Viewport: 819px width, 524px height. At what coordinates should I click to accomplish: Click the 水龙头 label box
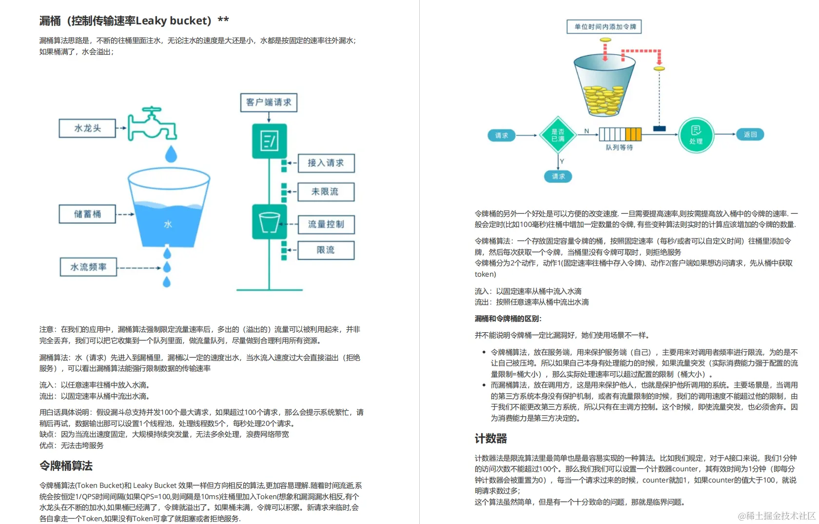[x=88, y=128]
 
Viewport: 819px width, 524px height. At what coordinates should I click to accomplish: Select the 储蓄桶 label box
[x=88, y=214]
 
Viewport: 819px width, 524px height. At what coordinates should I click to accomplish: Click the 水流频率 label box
[x=88, y=267]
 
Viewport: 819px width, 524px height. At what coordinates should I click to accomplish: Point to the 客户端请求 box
[x=269, y=102]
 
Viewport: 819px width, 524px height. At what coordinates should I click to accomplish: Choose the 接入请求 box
[x=326, y=163]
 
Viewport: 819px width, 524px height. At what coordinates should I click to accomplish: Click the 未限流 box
[x=326, y=192]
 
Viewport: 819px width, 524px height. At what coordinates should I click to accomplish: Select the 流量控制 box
[x=326, y=224]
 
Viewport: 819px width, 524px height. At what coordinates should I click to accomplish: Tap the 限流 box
[x=326, y=250]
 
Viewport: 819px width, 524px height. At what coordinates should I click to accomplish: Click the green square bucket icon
[x=269, y=222]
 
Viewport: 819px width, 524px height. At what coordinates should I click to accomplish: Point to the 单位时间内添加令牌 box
[x=604, y=27]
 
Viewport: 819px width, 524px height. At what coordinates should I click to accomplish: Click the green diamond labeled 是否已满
[x=558, y=135]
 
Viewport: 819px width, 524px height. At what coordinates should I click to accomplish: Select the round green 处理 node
[x=696, y=135]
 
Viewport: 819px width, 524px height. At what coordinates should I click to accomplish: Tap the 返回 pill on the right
[x=750, y=135]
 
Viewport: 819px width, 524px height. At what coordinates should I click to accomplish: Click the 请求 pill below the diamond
[x=558, y=176]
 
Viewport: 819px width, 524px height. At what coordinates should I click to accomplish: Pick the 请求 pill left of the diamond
[x=502, y=135]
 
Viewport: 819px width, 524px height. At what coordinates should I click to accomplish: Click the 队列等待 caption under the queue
[x=619, y=147]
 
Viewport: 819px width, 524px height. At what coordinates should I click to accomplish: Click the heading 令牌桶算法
[x=66, y=466]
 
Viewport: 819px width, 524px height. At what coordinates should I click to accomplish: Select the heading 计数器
[x=491, y=439]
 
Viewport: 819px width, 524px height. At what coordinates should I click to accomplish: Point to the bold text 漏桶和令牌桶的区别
[x=508, y=319]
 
